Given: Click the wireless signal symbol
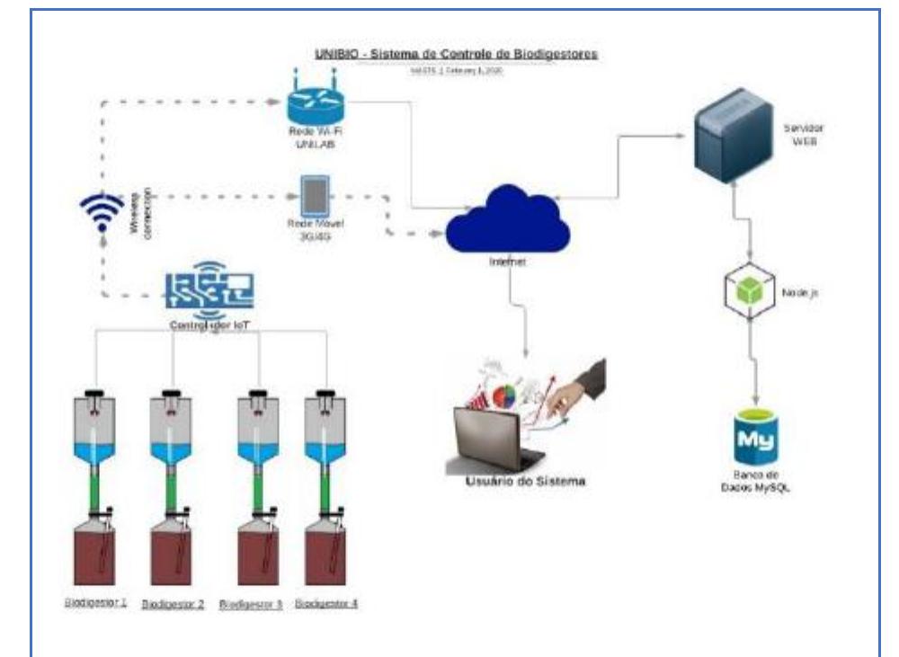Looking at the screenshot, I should (98, 214).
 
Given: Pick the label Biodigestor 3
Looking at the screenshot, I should (251, 604).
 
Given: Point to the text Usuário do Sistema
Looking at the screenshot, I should (525, 482).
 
